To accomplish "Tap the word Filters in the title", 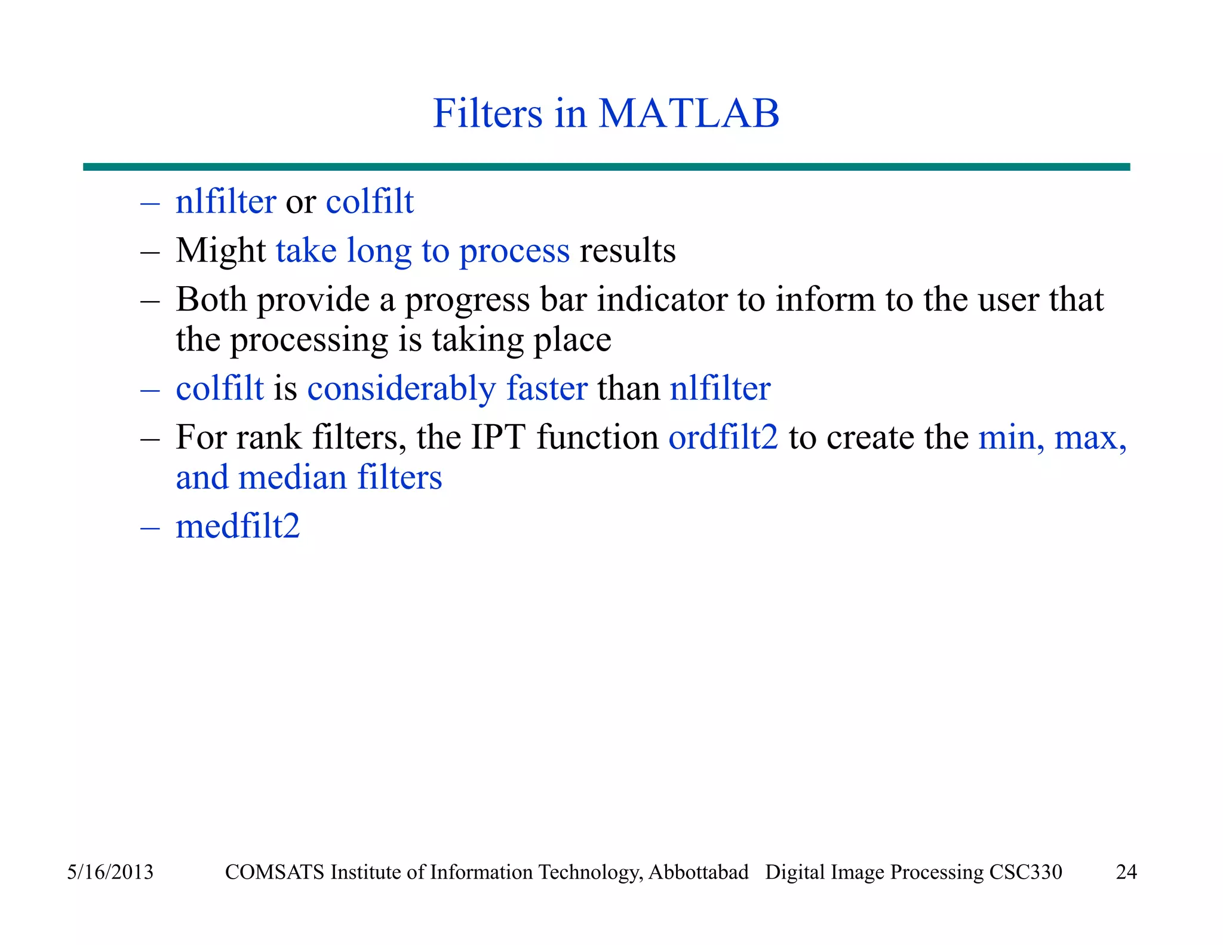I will (x=487, y=113).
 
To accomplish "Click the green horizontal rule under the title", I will (x=606, y=167).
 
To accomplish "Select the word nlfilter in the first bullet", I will (x=226, y=201).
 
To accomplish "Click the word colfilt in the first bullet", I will (x=370, y=201).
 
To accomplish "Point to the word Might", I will (x=220, y=251).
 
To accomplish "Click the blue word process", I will (x=514, y=251).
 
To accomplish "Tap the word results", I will (x=628, y=251).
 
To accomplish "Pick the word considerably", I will (x=401, y=389).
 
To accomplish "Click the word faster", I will (x=547, y=388).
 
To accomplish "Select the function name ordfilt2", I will (x=723, y=437).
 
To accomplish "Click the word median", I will (x=292, y=478).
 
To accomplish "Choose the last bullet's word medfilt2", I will (x=238, y=526).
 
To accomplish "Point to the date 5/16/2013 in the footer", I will (x=110, y=872).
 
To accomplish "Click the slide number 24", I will (x=1126, y=872).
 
